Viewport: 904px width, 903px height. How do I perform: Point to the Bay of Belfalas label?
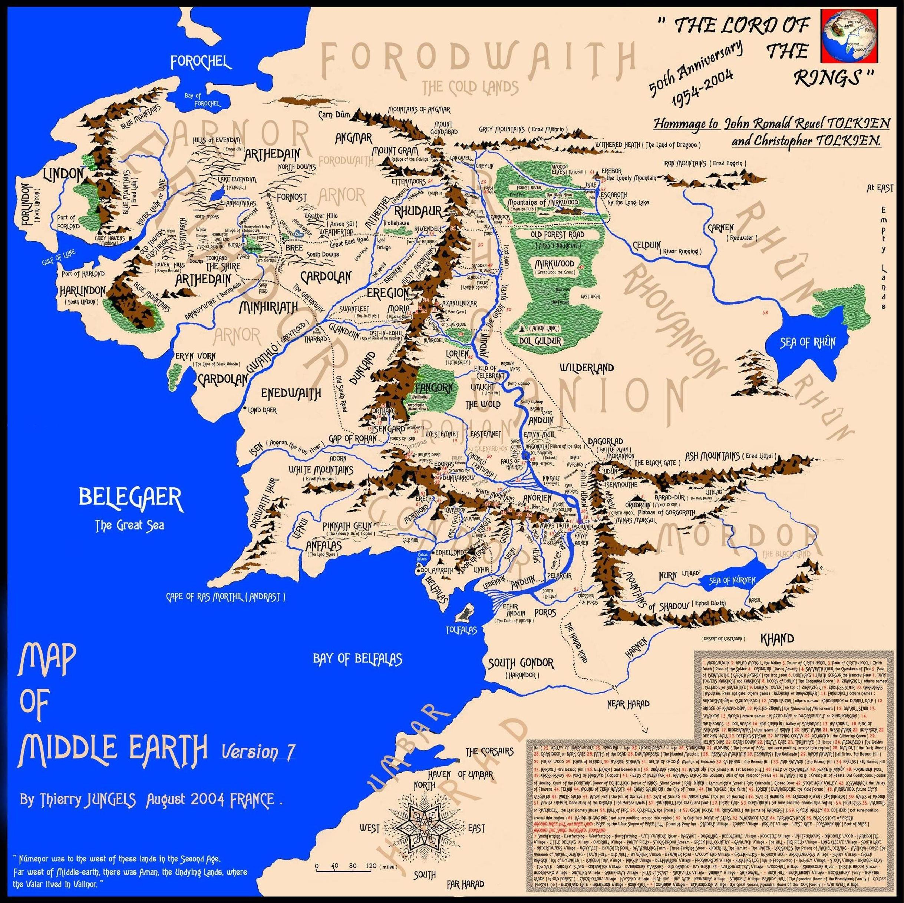pos(357,658)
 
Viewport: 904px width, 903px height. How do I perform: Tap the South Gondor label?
pos(520,663)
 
